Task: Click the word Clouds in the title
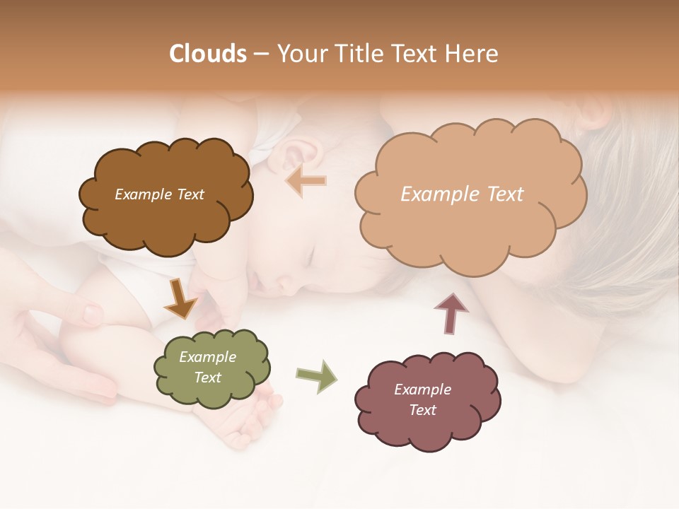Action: pyautogui.click(x=208, y=54)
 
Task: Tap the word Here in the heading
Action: pyautogui.click(x=472, y=54)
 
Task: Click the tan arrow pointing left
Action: pyautogui.click(x=306, y=181)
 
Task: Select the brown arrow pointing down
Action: pyautogui.click(x=180, y=299)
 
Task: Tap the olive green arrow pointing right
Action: pyautogui.click(x=316, y=375)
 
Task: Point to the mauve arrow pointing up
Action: pyautogui.click(x=451, y=312)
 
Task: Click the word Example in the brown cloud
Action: pyautogui.click(x=141, y=194)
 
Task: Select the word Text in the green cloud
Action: pyautogui.click(x=208, y=378)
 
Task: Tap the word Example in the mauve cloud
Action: pyautogui.click(x=422, y=390)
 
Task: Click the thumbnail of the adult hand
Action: pyautogui.click(x=92, y=312)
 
